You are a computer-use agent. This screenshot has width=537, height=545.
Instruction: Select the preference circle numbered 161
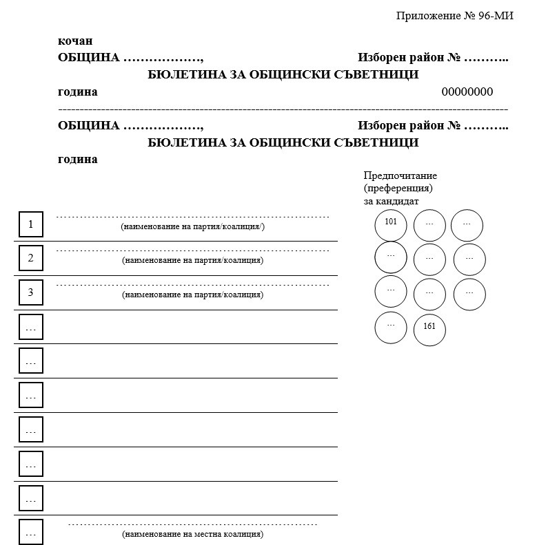(429, 329)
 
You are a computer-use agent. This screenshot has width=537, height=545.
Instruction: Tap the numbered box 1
(30, 224)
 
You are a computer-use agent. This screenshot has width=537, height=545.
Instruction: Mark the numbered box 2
(30, 259)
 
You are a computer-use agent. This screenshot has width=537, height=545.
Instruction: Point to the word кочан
(75, 41)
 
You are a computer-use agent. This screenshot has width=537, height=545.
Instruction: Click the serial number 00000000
(467, 92)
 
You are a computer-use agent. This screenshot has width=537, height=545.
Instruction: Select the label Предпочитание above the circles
(400, 175)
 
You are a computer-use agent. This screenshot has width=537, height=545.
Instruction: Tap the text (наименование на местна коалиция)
(192, 534)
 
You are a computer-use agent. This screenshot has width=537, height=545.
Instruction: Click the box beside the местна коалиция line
(30, 533)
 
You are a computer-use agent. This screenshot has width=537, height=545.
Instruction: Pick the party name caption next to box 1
(192, 226)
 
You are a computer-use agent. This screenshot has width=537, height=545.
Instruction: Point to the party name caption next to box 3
(192, 295)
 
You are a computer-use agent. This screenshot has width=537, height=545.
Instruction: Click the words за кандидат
(391, 201)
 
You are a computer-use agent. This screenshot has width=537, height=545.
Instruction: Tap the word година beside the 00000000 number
(78, 92)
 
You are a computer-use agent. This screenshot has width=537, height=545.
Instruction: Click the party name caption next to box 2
(192, 260)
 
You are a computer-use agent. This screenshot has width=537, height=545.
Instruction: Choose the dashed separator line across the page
(283, 109)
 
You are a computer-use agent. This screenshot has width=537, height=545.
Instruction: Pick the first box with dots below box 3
(30, 328)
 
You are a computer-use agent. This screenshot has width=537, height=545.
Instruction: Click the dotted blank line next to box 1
(192, 217)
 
